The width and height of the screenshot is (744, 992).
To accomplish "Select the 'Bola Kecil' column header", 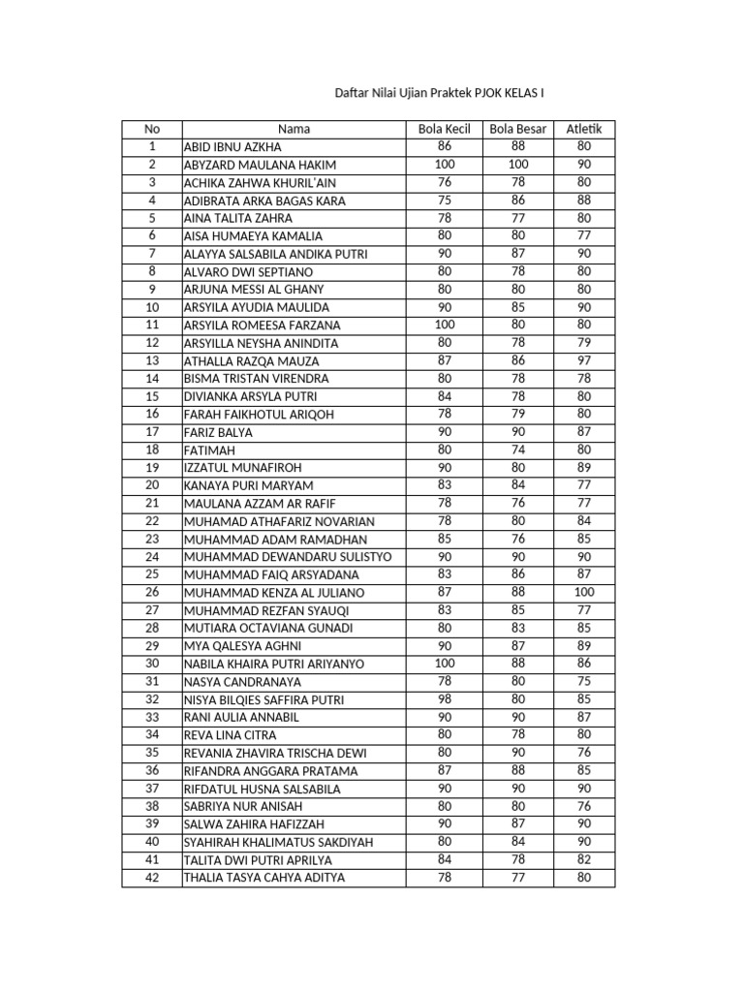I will (444, 129).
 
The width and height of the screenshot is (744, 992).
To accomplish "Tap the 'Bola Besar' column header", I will (518, 129).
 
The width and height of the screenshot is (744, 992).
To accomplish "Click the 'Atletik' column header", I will (584, 129).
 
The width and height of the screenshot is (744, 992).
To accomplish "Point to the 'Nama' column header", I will (294, 129).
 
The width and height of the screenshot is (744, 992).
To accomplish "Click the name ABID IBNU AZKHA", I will (232, 147).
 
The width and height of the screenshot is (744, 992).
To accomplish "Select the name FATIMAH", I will (209, 450).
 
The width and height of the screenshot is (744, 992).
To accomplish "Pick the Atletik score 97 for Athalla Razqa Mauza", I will (584, 360).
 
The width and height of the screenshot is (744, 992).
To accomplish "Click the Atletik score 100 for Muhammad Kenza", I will (584, 592).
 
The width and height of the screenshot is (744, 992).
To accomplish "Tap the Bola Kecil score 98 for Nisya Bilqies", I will (444, 699).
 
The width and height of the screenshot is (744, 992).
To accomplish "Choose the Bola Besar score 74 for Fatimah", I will (518, 450).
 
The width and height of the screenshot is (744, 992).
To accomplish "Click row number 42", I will (151, 878).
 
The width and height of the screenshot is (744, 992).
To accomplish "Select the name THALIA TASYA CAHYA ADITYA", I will (263, 878).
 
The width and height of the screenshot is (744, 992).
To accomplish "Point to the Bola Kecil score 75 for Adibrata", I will (444, 201).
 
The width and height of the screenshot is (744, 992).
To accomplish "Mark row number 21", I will (151, 503).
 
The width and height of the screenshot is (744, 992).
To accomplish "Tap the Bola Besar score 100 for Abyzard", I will (518, 165).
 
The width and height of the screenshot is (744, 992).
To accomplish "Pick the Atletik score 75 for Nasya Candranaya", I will (584, 681).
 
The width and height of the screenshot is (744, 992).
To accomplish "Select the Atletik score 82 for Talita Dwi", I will (584, 859).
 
